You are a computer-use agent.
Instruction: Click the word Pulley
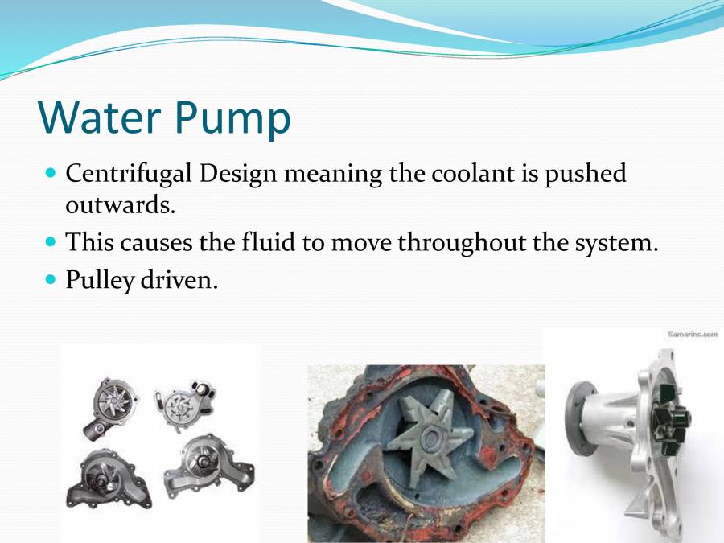click(99, 282)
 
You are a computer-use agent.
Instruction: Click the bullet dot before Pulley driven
click(51, 281)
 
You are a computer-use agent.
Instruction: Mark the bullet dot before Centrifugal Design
click(51, 172)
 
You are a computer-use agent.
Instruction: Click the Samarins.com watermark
click(692, 335)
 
